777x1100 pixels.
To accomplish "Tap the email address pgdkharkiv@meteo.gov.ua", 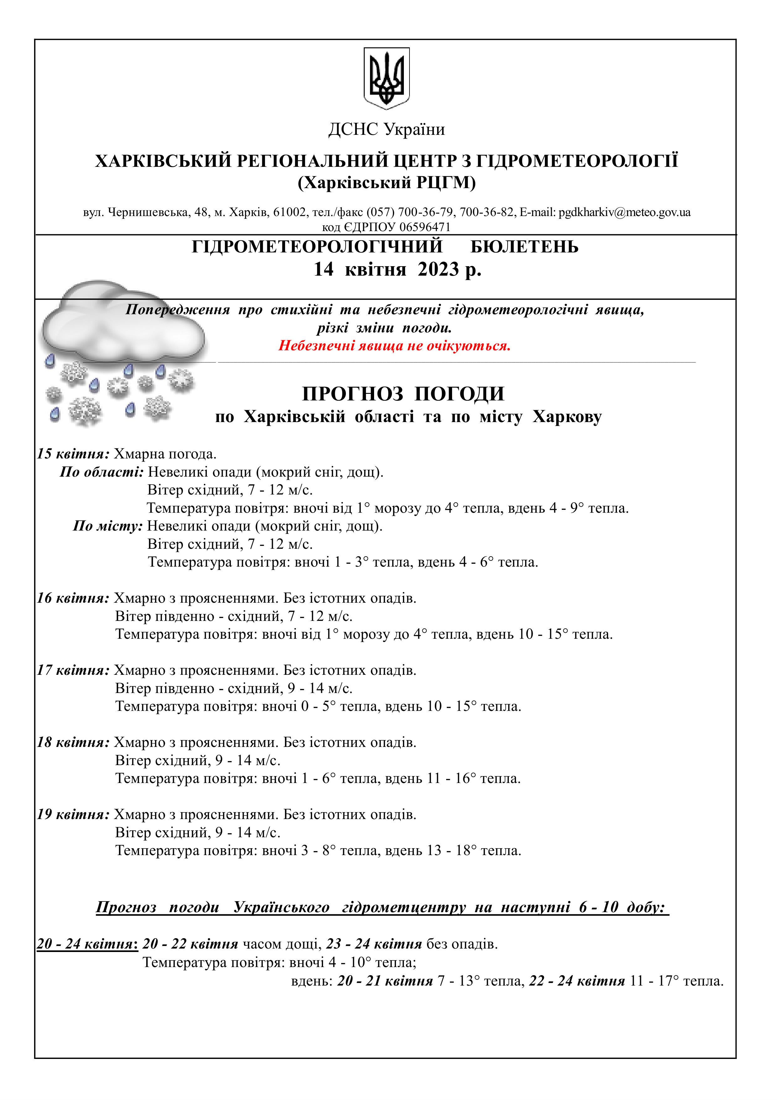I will [x=624, y=212].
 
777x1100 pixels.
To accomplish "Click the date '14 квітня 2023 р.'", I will [x=397, y=269].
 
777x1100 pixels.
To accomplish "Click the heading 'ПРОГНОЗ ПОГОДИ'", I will [x=403, y=394].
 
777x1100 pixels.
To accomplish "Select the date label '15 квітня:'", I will [x=74, y=454].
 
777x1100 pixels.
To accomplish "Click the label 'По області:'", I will [x=102, y=472].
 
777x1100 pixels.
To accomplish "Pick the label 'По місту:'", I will [x=108, y=526].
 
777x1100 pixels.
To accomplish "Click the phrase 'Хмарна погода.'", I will [x=165, y=454].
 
